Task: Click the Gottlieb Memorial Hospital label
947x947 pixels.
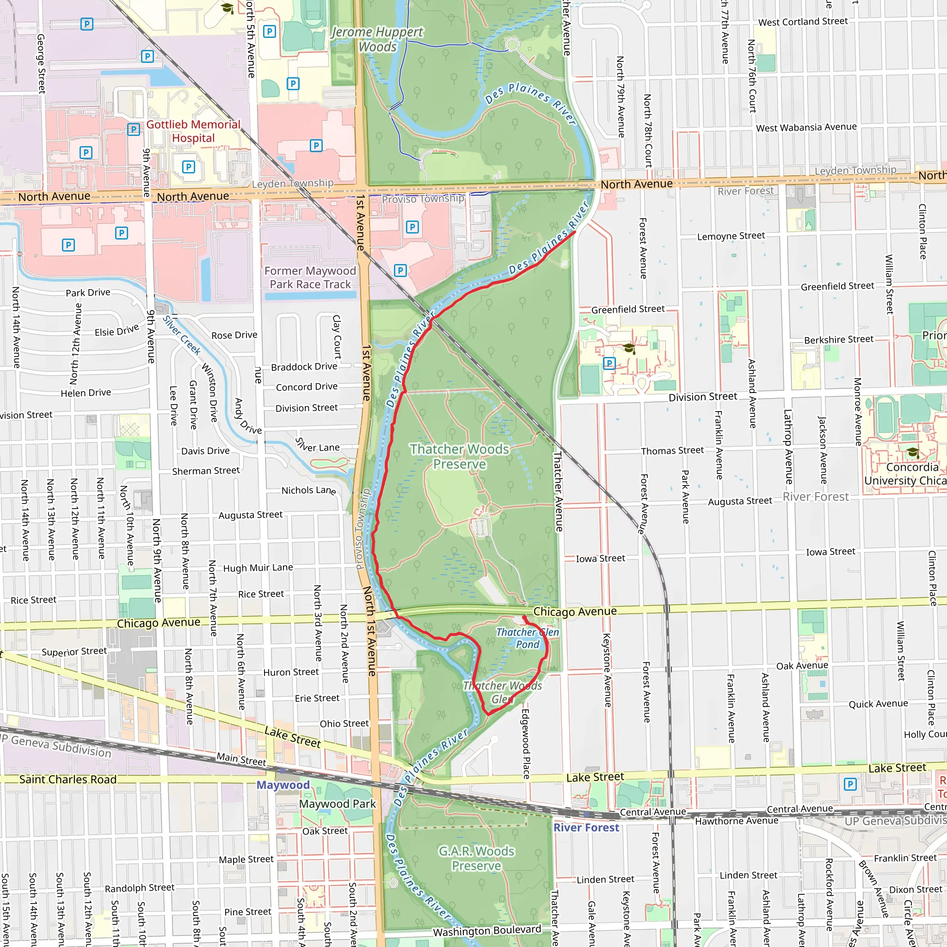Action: (193, 131)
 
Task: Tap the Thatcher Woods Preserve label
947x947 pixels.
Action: (459, 456)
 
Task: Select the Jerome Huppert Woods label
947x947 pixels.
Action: (377, 39)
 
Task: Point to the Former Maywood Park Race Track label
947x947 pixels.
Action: (310, 277)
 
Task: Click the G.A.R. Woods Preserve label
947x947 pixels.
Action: (476, 858)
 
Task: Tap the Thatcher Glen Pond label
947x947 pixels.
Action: (528, 638)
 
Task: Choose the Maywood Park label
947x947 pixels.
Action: (337, 804)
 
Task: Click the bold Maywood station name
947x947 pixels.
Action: (283, 785)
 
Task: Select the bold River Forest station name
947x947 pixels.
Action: (586, 827)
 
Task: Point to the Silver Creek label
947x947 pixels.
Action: (182, 335)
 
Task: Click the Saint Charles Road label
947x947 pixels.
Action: (68, 779)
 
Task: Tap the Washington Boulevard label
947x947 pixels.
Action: (487, 931)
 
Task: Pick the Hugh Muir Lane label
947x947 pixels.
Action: (258, 568)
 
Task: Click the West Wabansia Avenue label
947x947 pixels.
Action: (806, 128)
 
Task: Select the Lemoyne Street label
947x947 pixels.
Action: (731, 236)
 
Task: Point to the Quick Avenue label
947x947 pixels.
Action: (879, 704)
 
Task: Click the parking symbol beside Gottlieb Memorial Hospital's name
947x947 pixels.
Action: (133, 129)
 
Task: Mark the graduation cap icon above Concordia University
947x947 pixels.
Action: (912, 451)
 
